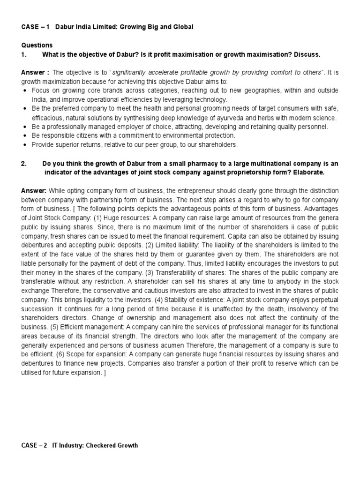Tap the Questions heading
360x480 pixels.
37,45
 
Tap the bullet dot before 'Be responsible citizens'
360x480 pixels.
25,136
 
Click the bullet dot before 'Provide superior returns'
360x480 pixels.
25,145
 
